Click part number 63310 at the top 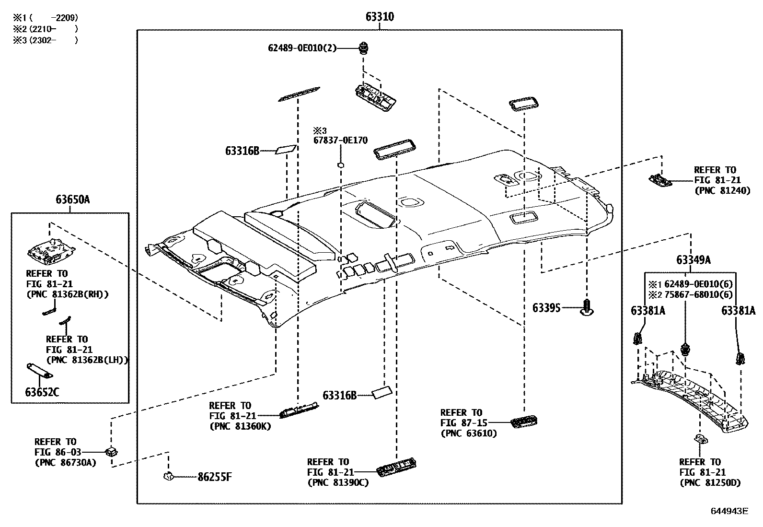point(380,17)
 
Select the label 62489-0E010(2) point(302,48)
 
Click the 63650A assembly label point(72,199)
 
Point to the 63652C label point(42,392)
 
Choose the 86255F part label point(215,477)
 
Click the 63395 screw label point(546,307)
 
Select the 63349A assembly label point(693,260)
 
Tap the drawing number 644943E point(729,511)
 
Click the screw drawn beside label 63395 point(587,307)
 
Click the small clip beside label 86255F point(168,476)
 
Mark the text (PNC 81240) point(722,191)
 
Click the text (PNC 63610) point(468,433)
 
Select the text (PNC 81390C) point(338,482)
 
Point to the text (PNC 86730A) point(65,463)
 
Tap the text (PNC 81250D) point(710,482)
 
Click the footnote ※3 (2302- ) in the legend point(46,40)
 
